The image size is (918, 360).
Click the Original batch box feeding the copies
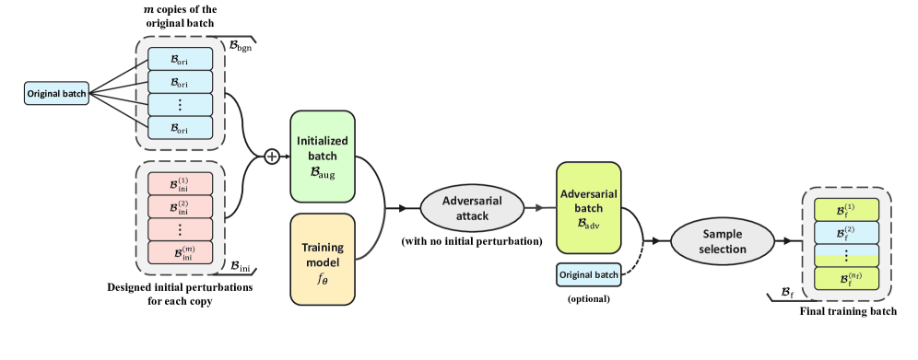(56, 94)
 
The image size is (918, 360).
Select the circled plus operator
(272, 157)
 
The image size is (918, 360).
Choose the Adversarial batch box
(588, 207)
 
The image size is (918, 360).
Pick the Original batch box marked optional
(588, 273)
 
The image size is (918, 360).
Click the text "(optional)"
(588, 299)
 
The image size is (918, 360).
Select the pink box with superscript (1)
(179, 183)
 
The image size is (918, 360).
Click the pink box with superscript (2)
(179, 205)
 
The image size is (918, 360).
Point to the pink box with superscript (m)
(179, 250)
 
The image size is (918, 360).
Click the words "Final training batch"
(849, 312)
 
